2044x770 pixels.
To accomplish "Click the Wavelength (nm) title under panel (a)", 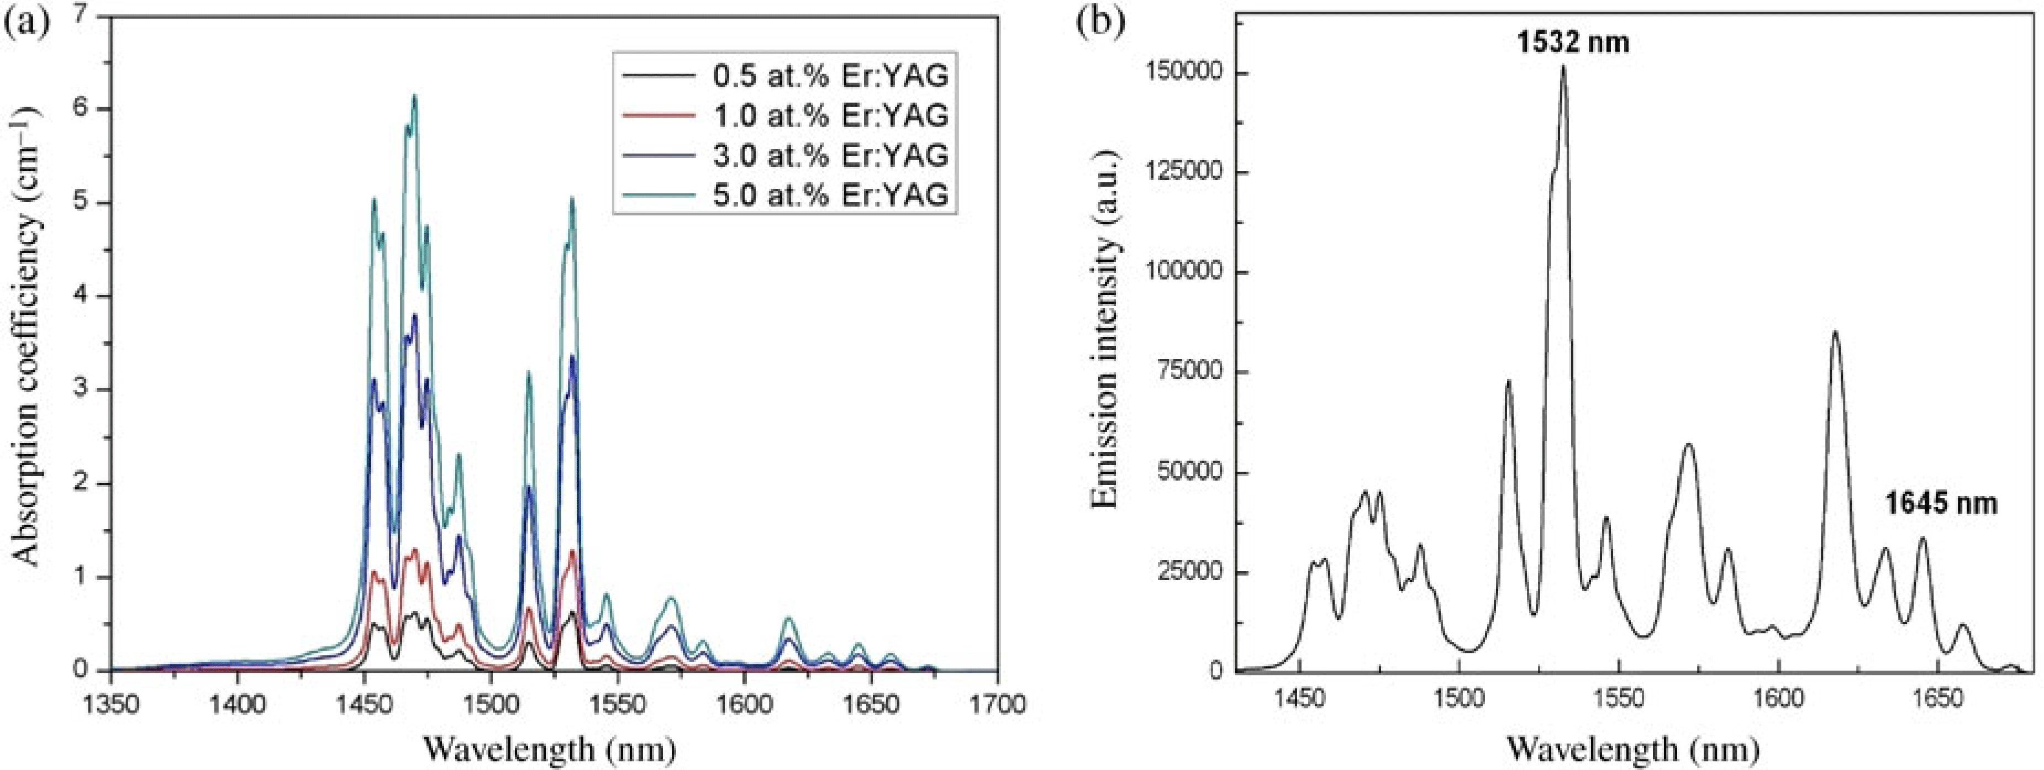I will pyautogui.click(x=550, y=747).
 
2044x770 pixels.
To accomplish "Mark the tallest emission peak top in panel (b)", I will pyautogui.click(x=1564, y=67).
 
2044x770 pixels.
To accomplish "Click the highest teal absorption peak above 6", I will pyautogui.click(x=414, y=97).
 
